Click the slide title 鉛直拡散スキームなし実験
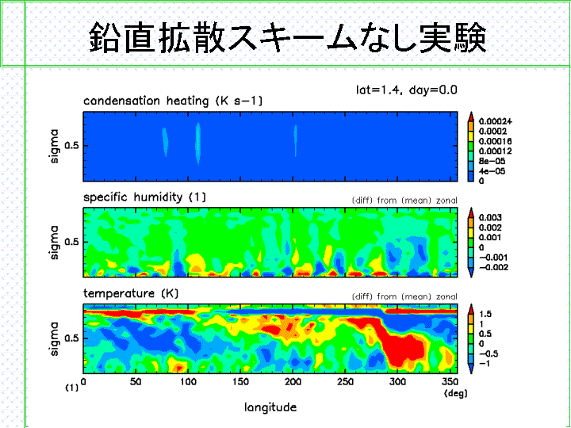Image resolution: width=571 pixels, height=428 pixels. pos(288,36)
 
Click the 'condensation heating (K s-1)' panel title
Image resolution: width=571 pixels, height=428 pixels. pos(173,101)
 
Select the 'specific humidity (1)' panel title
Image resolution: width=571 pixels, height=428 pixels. pos(144,197)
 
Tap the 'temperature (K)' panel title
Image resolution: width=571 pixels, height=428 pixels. pos(131,293)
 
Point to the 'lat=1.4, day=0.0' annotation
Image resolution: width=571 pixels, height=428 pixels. pos(406,90)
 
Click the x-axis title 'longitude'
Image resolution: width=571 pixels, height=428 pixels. pos(270,407)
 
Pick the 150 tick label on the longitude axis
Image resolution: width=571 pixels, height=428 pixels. pos(240,382)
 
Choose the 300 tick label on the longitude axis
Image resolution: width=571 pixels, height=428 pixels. pos(397,382)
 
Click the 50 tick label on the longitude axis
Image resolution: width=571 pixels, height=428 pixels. pos(136,382)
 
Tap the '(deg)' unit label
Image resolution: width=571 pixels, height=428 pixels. pos(455,393)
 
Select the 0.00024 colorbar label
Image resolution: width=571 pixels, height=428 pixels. pos(495,121)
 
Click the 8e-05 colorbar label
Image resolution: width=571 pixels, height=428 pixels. pos(492,161)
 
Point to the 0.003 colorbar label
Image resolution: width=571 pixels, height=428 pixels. pos(490,218)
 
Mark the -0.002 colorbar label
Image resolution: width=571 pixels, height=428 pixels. pos(493,268)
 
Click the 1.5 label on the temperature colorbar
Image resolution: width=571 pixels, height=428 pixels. pos(485,314)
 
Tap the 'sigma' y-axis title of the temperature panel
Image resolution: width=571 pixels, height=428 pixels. pos(54,338)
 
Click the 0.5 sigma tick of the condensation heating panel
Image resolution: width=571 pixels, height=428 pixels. pos(71,146)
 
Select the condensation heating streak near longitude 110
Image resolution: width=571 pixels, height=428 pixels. pos(197,144)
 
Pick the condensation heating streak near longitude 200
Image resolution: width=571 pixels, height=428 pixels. pos(295,141)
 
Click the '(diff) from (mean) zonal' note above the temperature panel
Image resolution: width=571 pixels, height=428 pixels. pos(404,297)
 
